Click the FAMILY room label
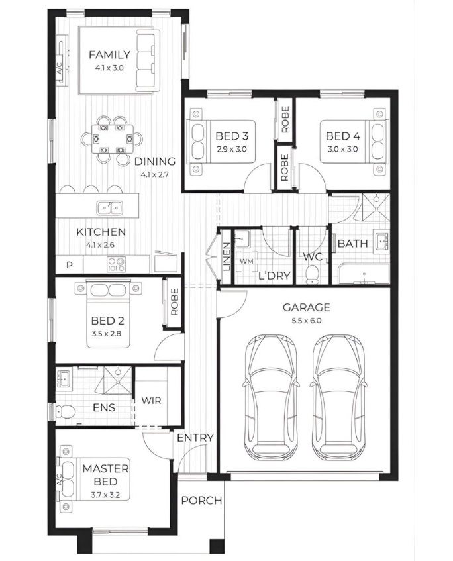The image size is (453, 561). pyautogui.click(x=109, y=55)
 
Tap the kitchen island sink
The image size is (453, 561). pyautogui.click(x=109, y=207)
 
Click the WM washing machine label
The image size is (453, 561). pyautogui.click(x=246, y=261)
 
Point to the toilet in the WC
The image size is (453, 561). pyautogui.click(x=313, y=274)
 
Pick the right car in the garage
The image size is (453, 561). pyautogui.click(x=338, y=397)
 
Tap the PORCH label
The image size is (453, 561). pyautogui.click(x=202, y=501)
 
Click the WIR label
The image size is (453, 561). pyautogui.click(x=151, y=400)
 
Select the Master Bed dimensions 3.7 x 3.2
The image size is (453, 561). pyautogui.click(x=105, y=495)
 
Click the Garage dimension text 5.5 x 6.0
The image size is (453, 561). pyautogui.click(x=306, y=321)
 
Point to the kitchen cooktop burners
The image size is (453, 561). pyautogui.click(x=117, y=264)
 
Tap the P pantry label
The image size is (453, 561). pyautogui.click(x=70, y=265)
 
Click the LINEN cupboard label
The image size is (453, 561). pyautogui.click(x=226, y=256)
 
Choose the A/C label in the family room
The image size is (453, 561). pyautogui.click(x=60, y=69)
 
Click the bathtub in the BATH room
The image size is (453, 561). pyautogui.click(x=364, y=274)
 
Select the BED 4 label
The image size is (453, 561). pyautogui.click(x=343, y=136)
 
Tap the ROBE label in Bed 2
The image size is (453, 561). pyautogui.click(x=174, y=302)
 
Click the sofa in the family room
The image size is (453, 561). pyautogui.click(x=146, y=61)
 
